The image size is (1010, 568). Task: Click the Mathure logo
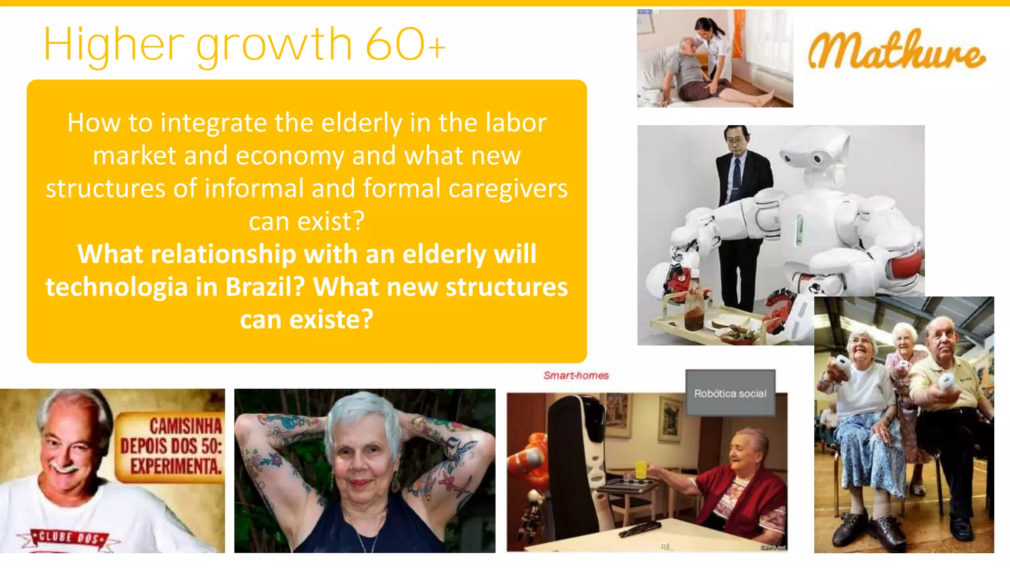pos(897,51)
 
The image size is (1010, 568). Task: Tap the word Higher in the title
pos(114,45)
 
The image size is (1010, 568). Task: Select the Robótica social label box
pos(730,393)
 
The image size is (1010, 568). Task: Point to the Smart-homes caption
pos(576,375)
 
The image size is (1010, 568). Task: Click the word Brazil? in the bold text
pos(265,287)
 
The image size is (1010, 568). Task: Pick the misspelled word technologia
pos(116,287)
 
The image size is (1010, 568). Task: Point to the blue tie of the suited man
pos(736,178)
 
